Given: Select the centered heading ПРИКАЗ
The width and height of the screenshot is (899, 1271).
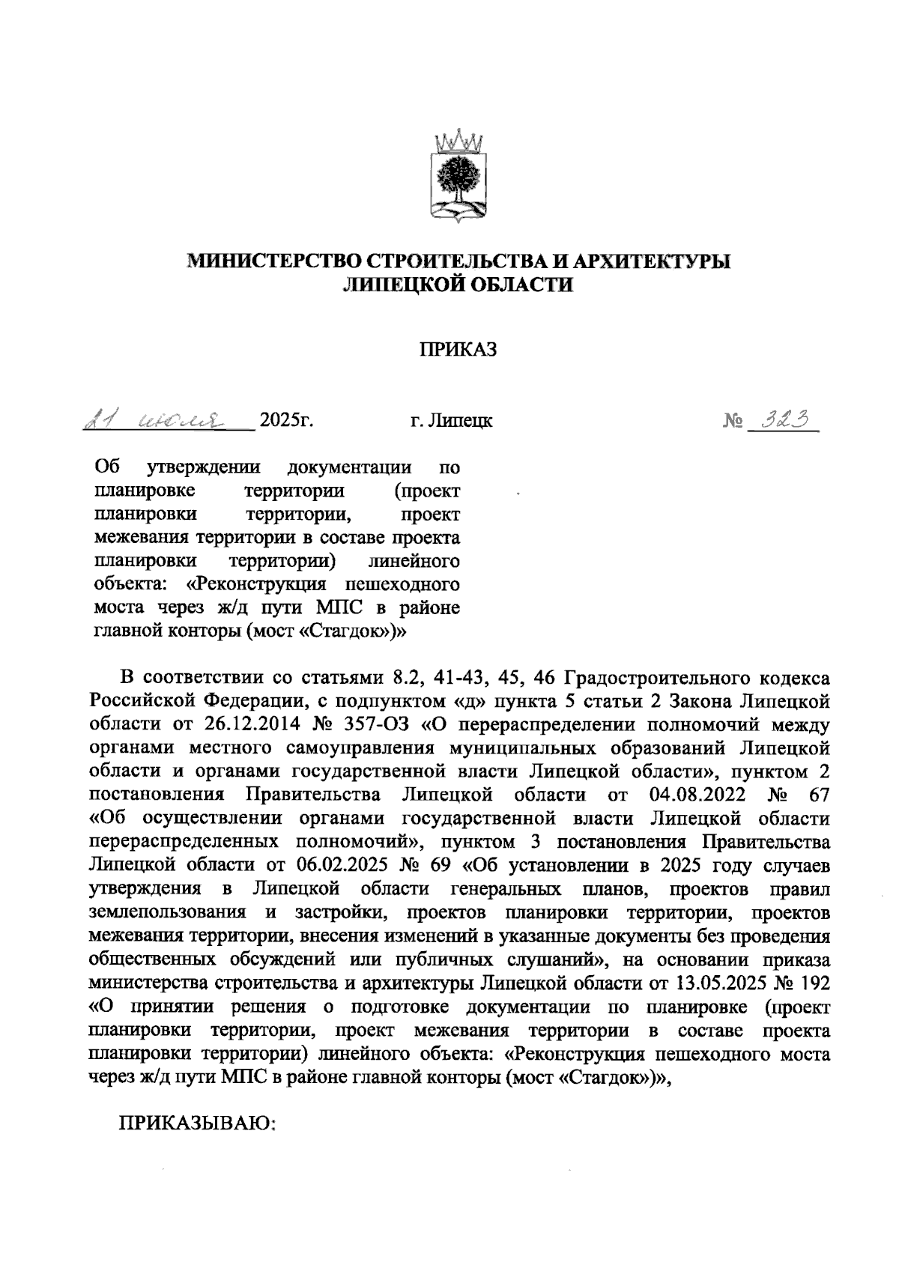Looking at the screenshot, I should coord(458,350).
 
